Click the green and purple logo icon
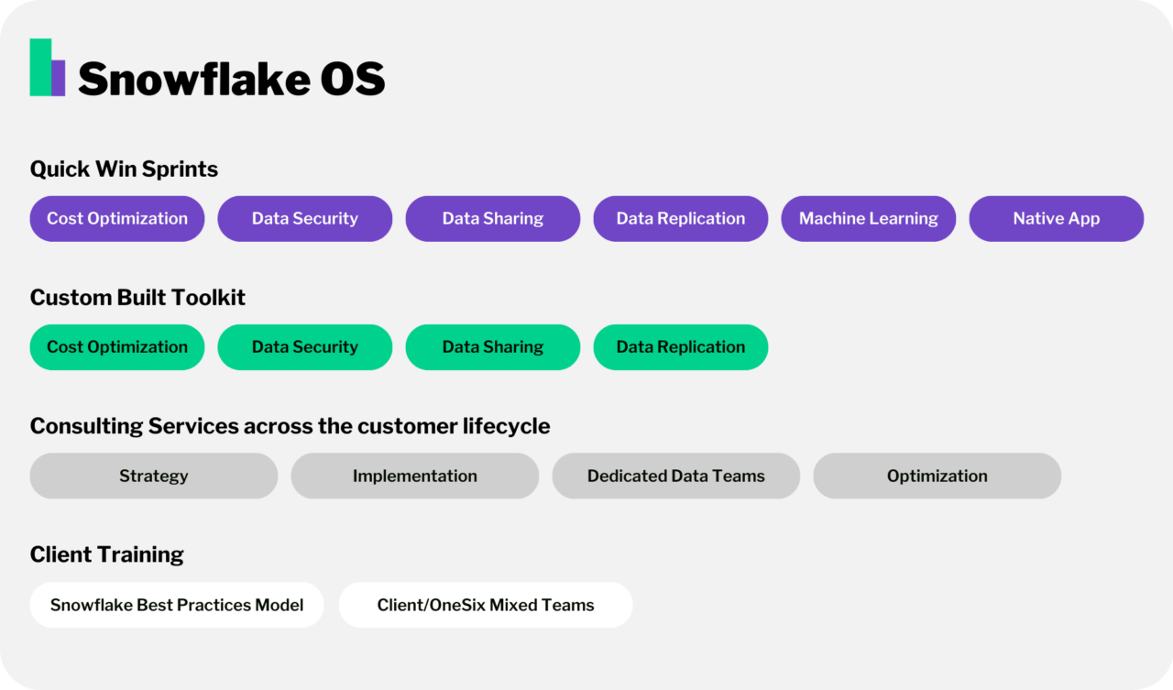tap(47, 68)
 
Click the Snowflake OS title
tap(231, 79)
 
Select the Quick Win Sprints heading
tap(124, 170)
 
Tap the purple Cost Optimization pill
tap(117, 219)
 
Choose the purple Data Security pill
tap(304, 219)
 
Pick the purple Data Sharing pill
tap(492, 219)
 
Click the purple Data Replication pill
tap(680, 219)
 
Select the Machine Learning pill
tap(868, 219)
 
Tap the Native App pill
tap(1056, 219)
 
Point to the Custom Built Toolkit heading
tap(137, 298)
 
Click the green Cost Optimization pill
tap(117, 347)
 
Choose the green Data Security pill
tap(304, 347)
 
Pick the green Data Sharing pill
tap(492, 347)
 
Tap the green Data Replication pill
tap(680, 347)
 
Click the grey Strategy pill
tap(153, 476)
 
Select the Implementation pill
tap(414, 476)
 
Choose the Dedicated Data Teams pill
tap(675, 476)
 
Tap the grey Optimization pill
tap(937, 476)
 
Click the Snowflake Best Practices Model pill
tap(177, 605)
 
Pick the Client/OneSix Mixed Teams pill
tap(486, 605)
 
